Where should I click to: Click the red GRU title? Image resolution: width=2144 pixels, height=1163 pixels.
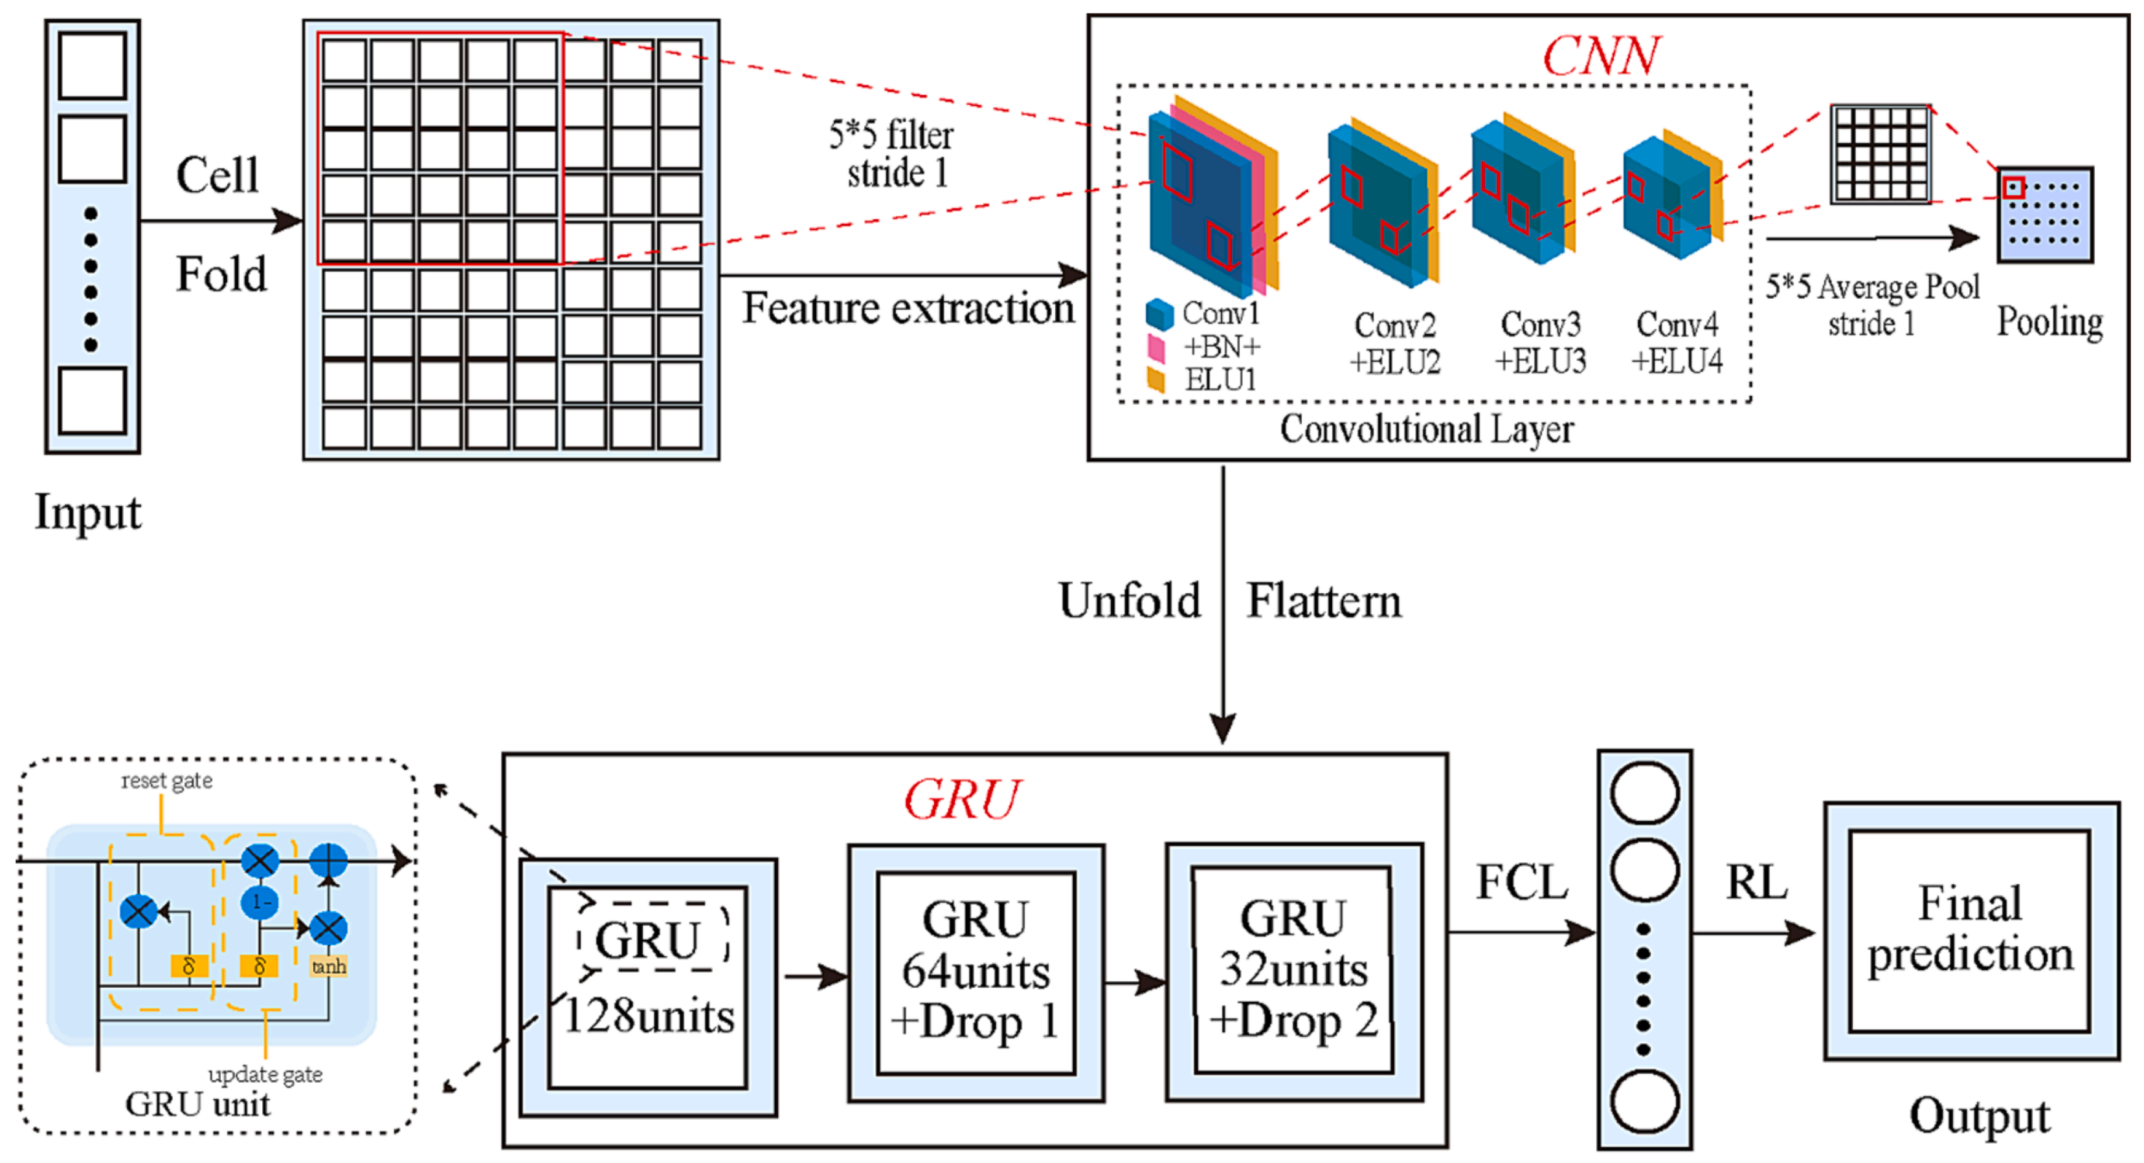[x=961, y=800]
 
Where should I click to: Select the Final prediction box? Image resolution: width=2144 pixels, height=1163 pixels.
[x=1969, y=930]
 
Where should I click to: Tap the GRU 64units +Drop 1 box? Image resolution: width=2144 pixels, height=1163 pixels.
[x=976, y=972]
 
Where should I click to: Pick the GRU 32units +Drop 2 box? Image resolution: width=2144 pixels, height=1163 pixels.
[x=1293, y=970]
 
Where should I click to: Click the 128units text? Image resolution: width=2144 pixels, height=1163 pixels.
[x=649, y=1017]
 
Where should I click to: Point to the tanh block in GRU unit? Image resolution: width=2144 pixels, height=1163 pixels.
[x=329, y=966]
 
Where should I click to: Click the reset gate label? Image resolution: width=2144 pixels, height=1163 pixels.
[x=166, y=780]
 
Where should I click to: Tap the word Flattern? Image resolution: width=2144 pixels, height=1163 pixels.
[x=1323, y=602]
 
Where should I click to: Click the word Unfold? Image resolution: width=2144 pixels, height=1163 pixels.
[x=1130, y=601]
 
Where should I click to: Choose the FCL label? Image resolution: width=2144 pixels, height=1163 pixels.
[x=1521, y=882]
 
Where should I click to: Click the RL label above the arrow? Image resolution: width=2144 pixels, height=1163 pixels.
[x=1756, y=882]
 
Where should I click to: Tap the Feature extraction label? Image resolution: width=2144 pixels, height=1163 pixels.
[x=908, y=309]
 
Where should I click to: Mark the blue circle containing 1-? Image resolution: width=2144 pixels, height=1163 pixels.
[x=260, y=902]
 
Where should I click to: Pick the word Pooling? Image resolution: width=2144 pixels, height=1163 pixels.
[x=2049, y=322]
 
